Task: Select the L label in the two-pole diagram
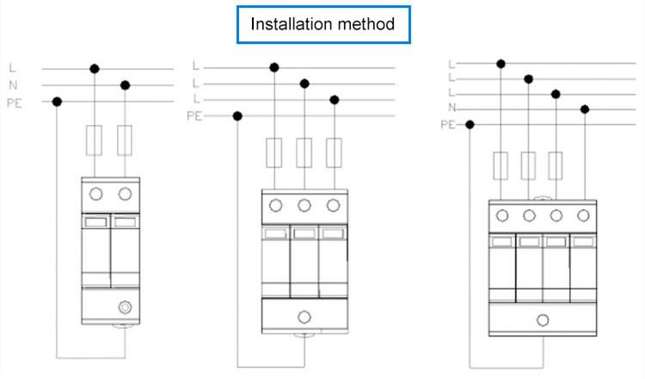(12, 67)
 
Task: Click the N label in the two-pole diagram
(12, 84)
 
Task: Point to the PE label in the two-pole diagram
(15, 102)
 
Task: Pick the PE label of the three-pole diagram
(194, 116)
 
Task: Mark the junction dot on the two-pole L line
(95, 68)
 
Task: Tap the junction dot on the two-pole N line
(126, 84)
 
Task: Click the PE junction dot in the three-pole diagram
(237, 116)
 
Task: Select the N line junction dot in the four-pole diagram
(585, 109)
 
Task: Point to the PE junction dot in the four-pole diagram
(470, 125)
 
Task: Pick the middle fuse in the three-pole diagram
(304, 152)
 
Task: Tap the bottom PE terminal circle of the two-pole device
(126, 306)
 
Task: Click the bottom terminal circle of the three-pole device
(304, 314)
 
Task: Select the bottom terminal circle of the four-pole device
(542, 320)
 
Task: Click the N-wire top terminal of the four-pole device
(585, 215)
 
